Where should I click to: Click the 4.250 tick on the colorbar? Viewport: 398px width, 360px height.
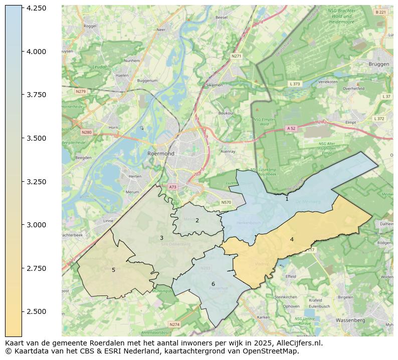click(x=22, y=8)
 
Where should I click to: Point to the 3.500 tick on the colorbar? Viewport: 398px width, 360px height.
click(x=22, y=138)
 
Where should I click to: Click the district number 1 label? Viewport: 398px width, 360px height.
click(x=287, y=199)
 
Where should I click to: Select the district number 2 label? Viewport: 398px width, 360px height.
click(x=197, y=220)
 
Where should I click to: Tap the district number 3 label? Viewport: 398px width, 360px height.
click(x=161, y=238)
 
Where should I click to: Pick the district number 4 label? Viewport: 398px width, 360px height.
click(x=292, y=239)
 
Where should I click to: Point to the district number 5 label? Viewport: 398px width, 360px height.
click(x=113, y=270)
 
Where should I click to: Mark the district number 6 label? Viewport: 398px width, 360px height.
click(x=213, y=284)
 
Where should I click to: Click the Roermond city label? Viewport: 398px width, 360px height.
click(x=160, y=154)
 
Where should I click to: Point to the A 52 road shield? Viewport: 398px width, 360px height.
click(x=291, y=128)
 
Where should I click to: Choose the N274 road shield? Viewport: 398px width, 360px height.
click(x=174, y=324)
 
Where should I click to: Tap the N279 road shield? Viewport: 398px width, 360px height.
click(x=80, y=92)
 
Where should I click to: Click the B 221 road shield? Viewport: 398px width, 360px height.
click(x=380, y=12)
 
